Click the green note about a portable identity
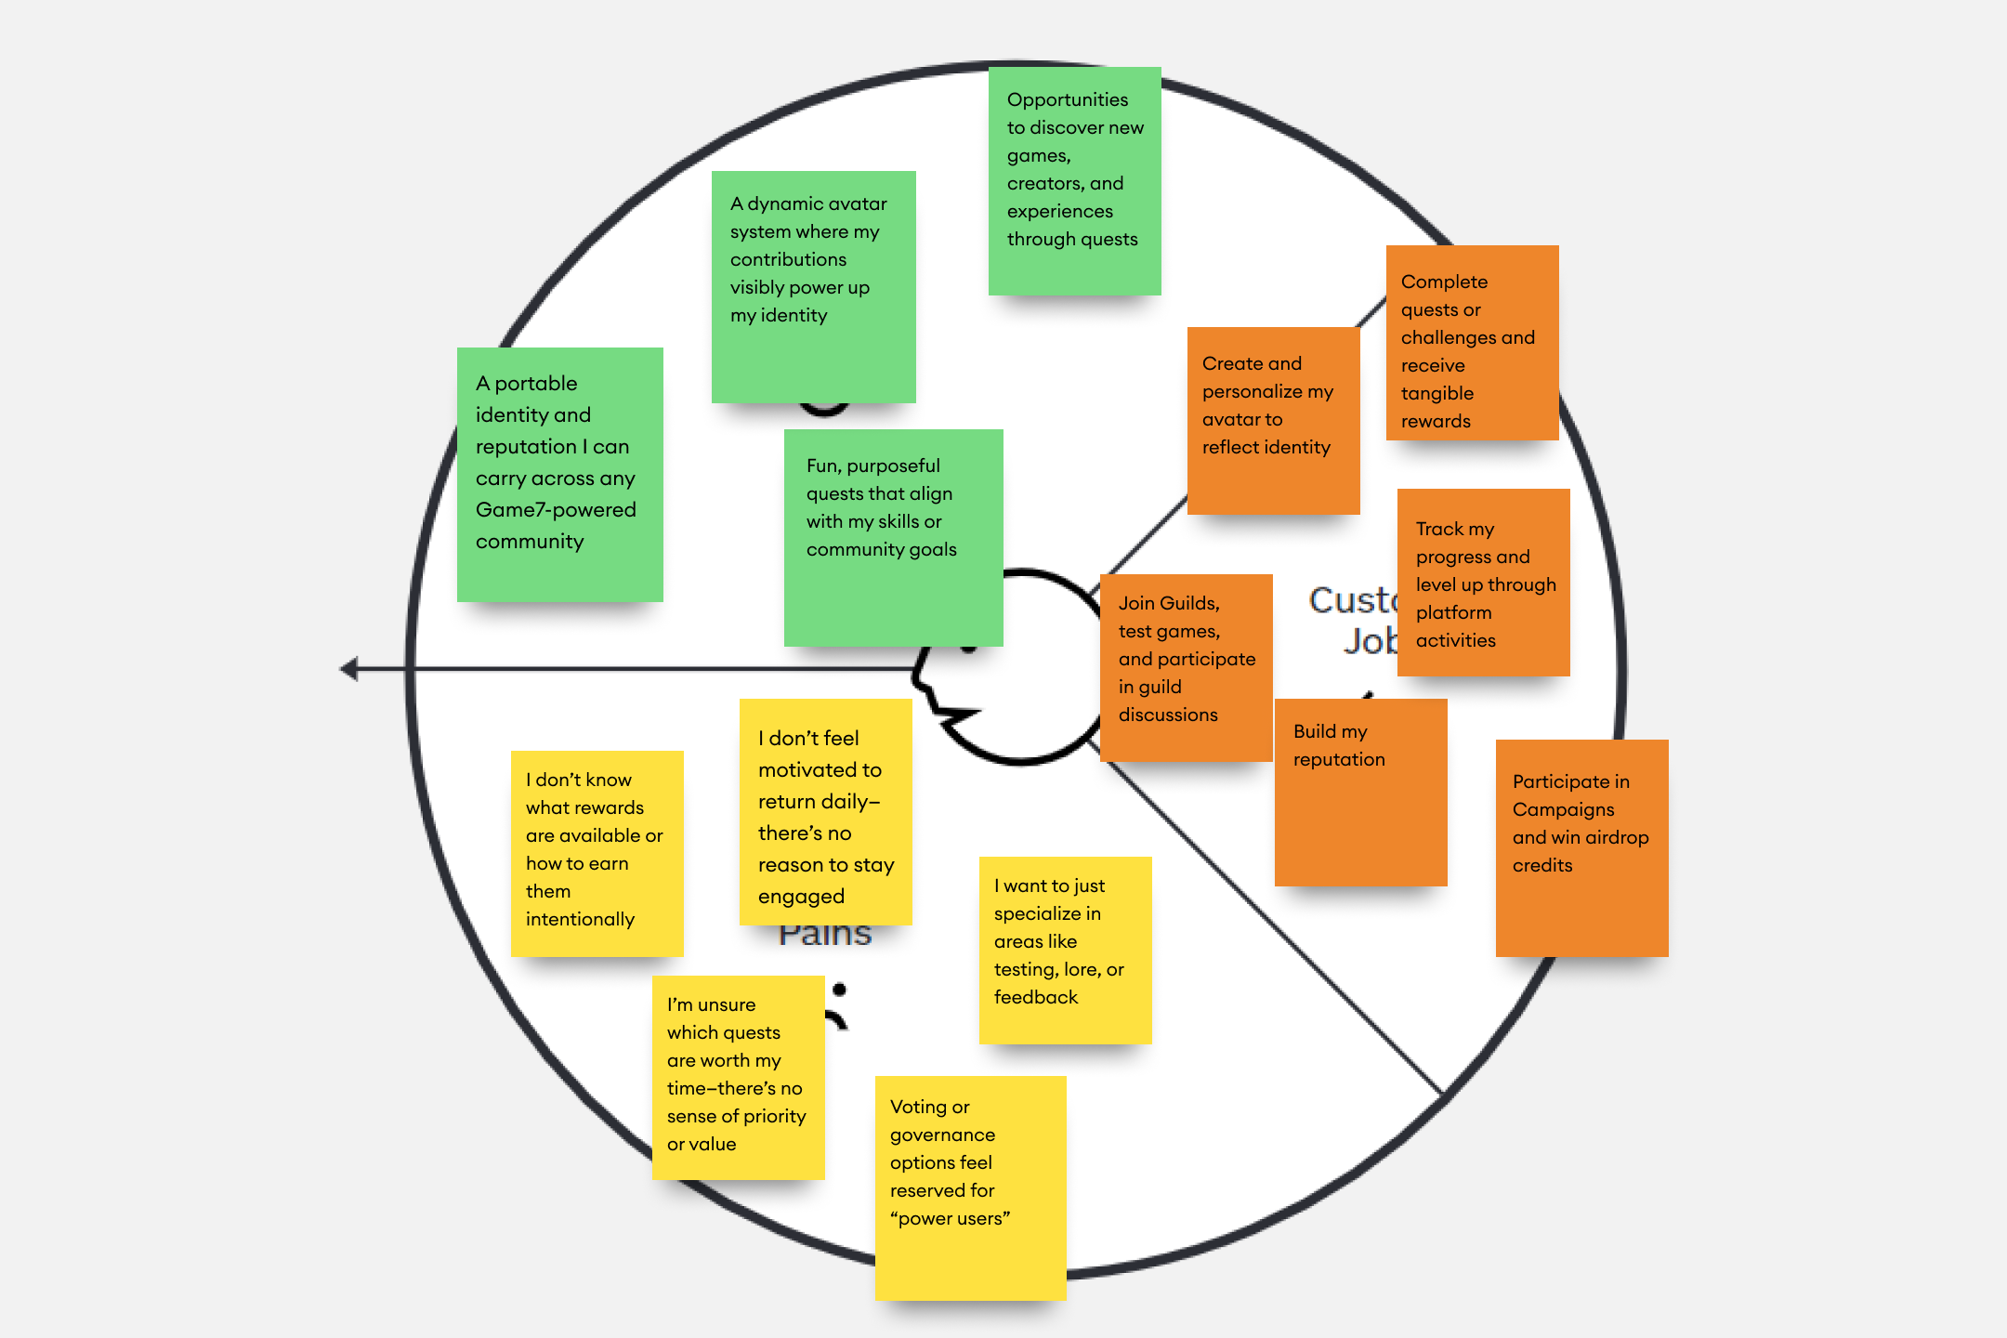[x=559, y=474]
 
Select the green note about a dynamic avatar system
[x=813, y=286]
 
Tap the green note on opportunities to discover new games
[x=1074, y=180]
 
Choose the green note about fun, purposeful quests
[x=893, y=537]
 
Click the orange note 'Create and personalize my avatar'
[x=1273, y=420]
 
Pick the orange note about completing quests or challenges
[x=1472, y=342]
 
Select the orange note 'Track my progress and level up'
[x=1483, y=582]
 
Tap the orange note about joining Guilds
[x=1186, y=667]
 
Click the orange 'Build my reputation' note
[x=1360, y=792]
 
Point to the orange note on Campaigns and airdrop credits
[x=1581, y=847]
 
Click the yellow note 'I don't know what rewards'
[x=597, y=853]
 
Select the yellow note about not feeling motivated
[x=825, y=812]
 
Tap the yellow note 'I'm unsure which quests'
[x=738, y=1077]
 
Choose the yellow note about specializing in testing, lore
[x=1065, y=950]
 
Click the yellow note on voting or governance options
[x=970, y=1187]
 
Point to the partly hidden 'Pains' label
[x=825, y=936]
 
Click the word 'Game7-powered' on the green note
[x=556, y=510]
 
